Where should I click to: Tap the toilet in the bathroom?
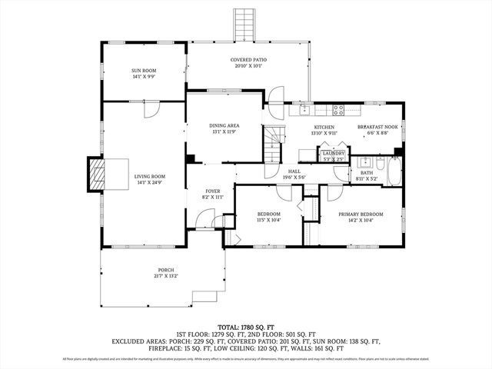(x=380, y=163)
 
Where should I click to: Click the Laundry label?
(x=333, y=153)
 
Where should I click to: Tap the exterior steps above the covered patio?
(x=245, y=24)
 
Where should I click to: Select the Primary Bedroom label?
(x=361, y=214)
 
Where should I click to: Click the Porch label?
(x=165, y=270)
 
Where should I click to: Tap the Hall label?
(x=294, y=172)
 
